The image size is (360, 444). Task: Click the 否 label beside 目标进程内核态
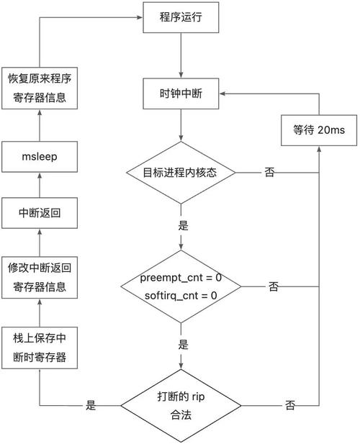point(269,173)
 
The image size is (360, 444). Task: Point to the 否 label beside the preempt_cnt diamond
point(274,286)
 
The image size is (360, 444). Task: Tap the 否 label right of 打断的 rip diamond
point(289,405)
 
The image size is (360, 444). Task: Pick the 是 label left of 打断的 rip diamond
point(91,405)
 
